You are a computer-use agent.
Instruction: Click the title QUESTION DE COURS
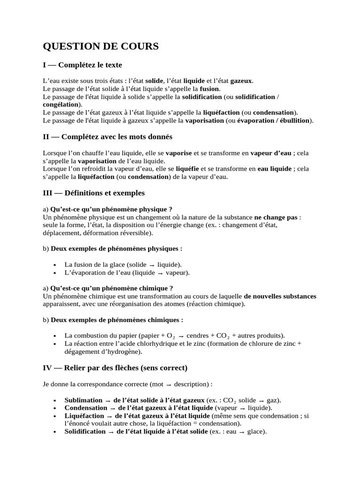(101, 46)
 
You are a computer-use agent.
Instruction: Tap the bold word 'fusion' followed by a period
(209, 89)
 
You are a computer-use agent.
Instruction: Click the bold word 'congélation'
(60, 105)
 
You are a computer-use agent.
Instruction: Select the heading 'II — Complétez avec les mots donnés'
(107, 137)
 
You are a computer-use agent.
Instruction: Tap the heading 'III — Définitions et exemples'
(94, 193)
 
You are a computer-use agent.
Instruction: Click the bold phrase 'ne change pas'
(276, 217)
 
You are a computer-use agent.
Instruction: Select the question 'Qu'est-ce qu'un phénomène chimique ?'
(112, 288)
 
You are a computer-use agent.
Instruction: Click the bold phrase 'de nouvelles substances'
(280, 296)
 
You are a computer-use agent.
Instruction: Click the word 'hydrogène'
(123, 351)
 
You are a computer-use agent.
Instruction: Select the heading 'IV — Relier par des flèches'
(115, 367)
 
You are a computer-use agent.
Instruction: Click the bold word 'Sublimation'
(83, 400)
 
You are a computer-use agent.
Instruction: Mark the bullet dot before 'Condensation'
(55, 408)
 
